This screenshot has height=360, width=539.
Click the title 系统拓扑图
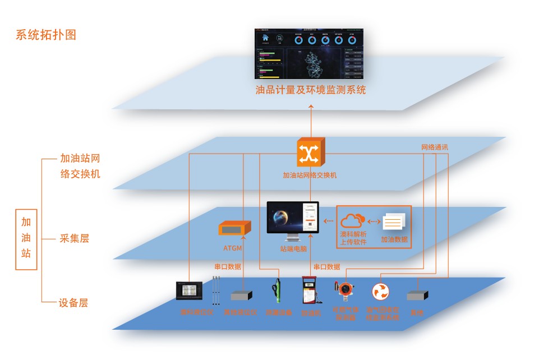coord(46,35)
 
